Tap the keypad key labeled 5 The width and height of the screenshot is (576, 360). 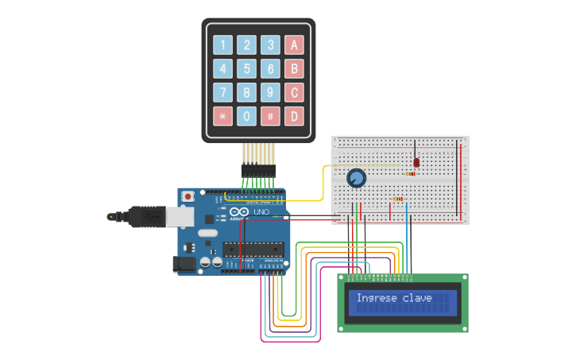tap(247, 69)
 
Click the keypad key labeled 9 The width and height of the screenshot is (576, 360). tap(271, 93)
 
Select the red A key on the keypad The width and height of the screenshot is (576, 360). tap(295, 45)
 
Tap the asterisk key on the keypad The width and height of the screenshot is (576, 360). tap(223, 117)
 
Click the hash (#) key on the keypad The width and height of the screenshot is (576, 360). tap(271, 117)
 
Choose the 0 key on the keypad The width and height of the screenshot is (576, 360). tap(247, 117)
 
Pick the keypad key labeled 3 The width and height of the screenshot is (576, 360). tap(271, 45)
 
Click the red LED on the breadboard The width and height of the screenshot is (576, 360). tap(416, 162)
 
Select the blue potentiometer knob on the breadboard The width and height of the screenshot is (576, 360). tap(356, 178)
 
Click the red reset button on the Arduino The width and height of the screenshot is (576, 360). tap(188, 196)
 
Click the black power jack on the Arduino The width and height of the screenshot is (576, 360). tap(184, 264)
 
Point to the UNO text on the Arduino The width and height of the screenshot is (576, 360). tap(261, 212)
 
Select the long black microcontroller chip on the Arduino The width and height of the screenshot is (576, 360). tap(253, 249)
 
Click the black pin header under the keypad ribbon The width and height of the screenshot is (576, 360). tap(258, 171)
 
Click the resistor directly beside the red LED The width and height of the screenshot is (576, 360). tap(411, 173)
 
